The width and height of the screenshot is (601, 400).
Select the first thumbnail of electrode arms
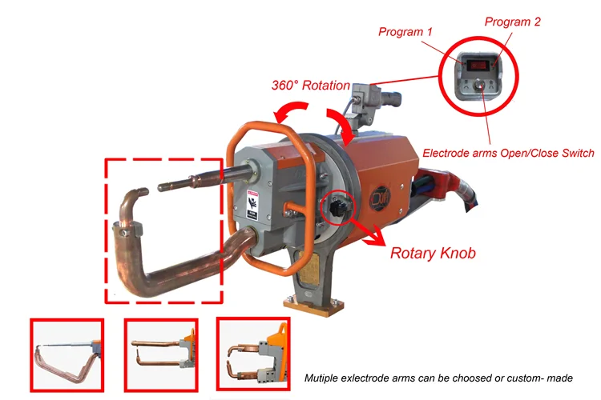pyautogui.click(x=67, y=353)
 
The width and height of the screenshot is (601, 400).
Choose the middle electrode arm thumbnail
pyautogui.click(x=160, y=353)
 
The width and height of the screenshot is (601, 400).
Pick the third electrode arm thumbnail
pyautogui.click(x=252, y=352)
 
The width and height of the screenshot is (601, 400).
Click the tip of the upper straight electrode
pyautogui.click(x=159, y=188)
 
